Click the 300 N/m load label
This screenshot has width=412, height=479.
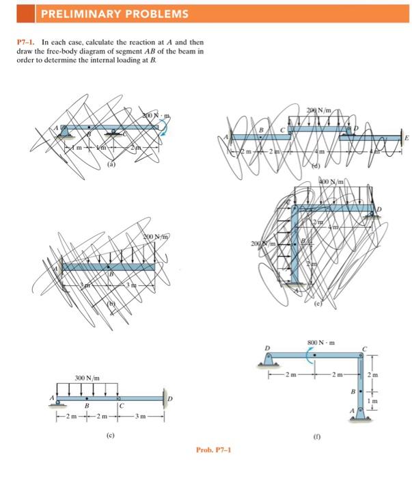(x=87, y=376)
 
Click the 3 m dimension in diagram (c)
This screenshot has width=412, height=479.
(x=141, y=418)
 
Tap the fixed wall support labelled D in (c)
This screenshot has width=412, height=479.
(x=163, y=399)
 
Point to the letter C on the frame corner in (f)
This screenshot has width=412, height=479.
(x=364, y=349)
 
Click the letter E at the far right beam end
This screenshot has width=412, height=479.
(x=407, y=138)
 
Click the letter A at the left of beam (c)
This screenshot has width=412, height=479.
(x=51, y=397)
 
